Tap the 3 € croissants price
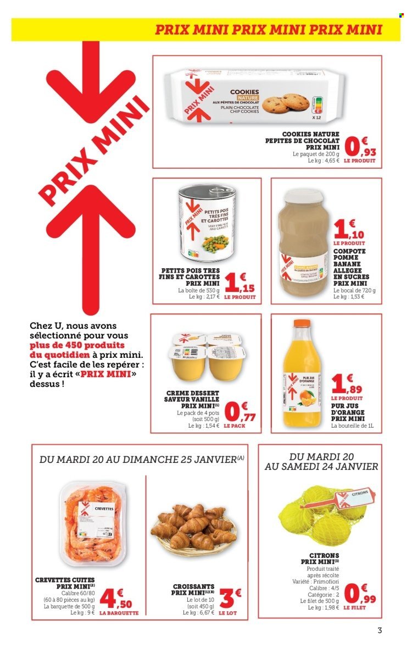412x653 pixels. click(226, 583)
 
